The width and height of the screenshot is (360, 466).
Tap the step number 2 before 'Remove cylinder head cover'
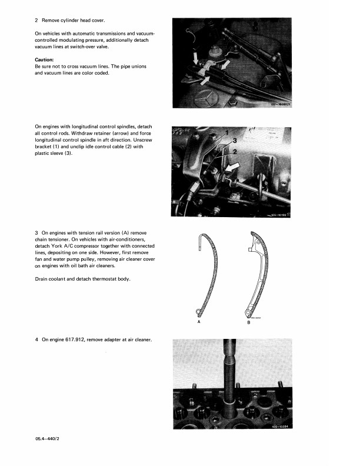point(36,21)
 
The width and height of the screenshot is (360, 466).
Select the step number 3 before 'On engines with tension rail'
point(36,234)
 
